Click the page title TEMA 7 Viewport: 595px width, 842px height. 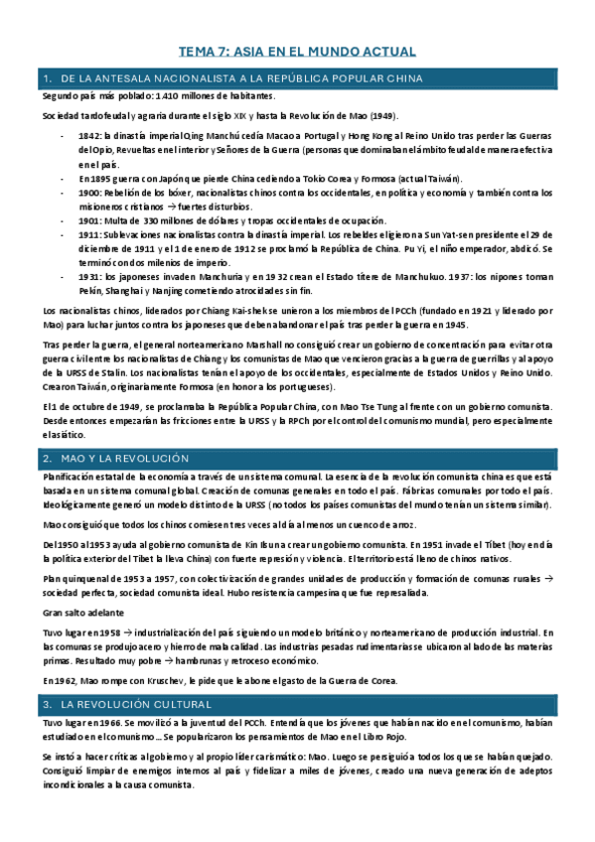(x=296, y=51)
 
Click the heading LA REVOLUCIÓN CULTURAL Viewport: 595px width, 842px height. (x=137, y=704)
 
